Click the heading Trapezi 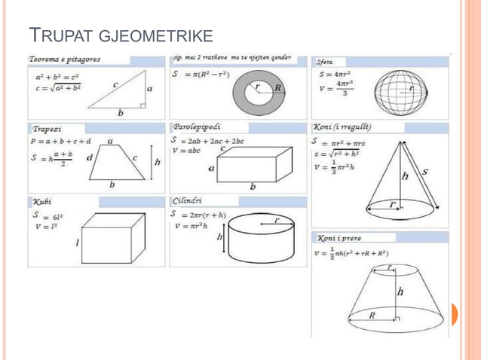pyautogui.click(x=47, y=129)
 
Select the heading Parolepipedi pyautogui.click(x=197, y=127)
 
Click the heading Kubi pyautogui.click(x=41, y=203)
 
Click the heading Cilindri pyautogui.click(x=188, y=201)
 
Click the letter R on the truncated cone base pyautogui.click(x=372, y=316)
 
